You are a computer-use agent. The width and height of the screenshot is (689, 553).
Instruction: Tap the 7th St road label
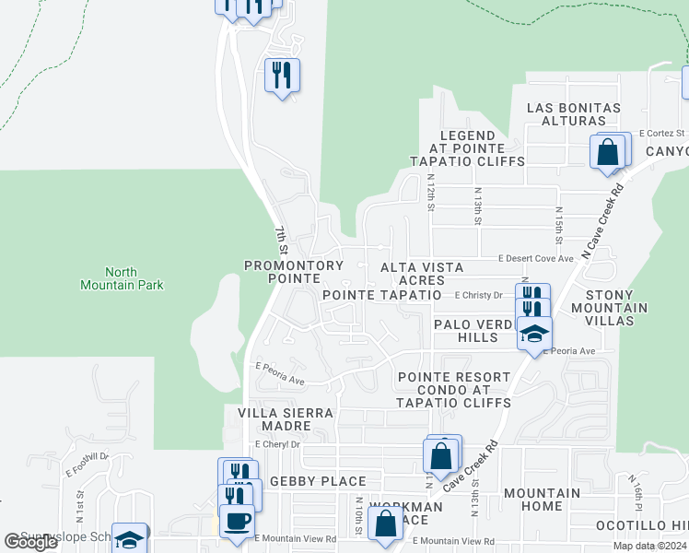click(x=282, y=241)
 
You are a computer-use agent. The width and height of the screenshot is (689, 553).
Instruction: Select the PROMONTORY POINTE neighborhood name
click(x=294, y=272)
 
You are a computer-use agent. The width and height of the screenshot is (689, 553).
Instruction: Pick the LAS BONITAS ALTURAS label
click(x=573, y=114)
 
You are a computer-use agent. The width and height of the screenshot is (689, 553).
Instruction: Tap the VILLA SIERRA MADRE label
click(x=286, y=420)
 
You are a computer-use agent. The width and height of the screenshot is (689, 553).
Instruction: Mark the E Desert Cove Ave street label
click(x=536, y=259)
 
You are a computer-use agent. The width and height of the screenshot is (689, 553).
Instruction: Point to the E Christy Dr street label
click(x=478, y=296)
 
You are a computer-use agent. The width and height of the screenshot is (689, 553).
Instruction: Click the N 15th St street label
click(x=558, y=219)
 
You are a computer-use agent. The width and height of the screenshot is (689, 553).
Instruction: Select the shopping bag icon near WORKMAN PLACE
click(x=385, y=524)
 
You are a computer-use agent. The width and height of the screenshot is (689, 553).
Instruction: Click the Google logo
click(x=31, y=542)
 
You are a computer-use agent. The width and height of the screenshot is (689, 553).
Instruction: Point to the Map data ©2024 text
click(x=649, y=546)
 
